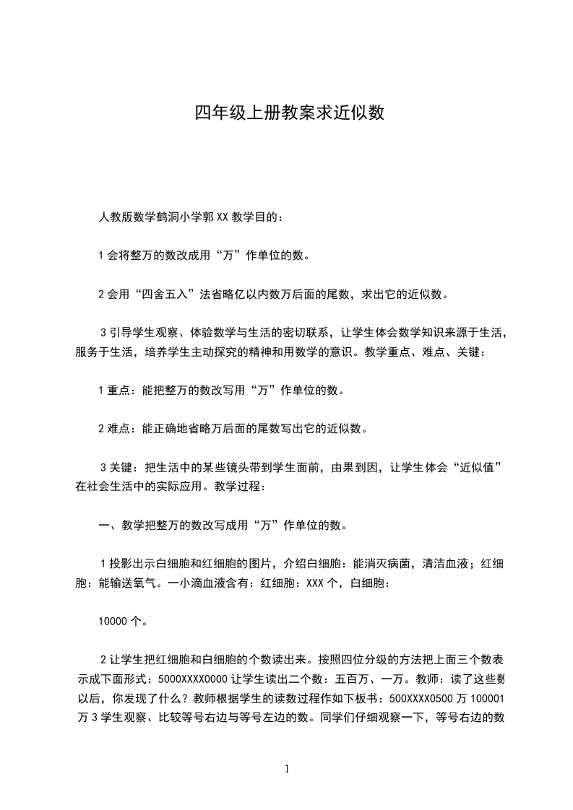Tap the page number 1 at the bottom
(287, 769)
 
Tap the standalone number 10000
(113, 619)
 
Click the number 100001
(487, 698)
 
